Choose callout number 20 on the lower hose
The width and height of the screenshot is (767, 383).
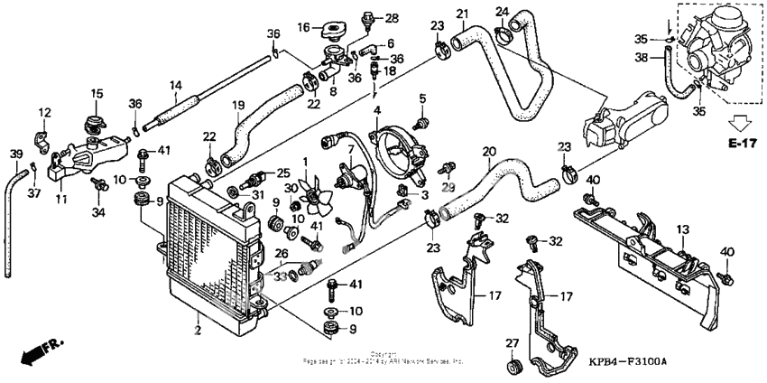tap(490, 152)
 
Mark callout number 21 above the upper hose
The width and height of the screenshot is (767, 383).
tap(462, 14)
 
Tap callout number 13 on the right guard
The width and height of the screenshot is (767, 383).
tap(683, 230)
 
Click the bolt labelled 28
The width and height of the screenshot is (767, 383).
tap(367, 17)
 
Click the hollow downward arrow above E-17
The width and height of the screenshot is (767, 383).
tap(744, 121)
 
